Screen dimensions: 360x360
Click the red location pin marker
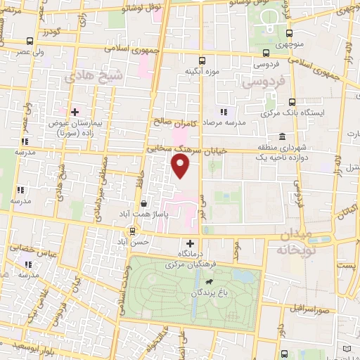coord(181,166)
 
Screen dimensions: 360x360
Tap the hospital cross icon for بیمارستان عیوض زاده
coord(74,112)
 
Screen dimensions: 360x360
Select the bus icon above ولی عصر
coord(28,41)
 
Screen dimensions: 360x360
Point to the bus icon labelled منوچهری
coord(291,33)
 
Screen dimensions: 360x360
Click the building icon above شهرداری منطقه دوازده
coord(281,136)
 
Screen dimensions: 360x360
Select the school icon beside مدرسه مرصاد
coord(223,112)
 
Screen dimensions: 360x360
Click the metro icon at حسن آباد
coord(131,231)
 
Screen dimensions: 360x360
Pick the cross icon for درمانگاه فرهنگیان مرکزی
coord(190,243)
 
